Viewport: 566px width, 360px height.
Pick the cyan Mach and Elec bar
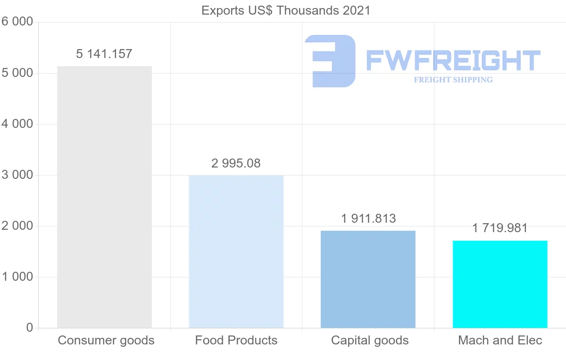coord(500,284)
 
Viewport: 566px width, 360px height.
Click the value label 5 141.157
coord(104,54)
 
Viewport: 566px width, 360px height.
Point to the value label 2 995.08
coord(236,163)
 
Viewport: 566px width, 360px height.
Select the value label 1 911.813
coord(368,218)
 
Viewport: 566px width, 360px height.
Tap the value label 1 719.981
coord(500,228)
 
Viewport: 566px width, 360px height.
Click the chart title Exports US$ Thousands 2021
coord(286,10)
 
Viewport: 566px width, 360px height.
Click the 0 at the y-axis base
coord(29,328)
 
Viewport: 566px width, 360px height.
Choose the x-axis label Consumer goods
coord(106,340)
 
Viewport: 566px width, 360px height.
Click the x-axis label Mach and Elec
coord(500,340)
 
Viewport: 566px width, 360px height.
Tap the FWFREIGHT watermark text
coord(453,60)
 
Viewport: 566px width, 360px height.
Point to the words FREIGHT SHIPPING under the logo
coord(453,80)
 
